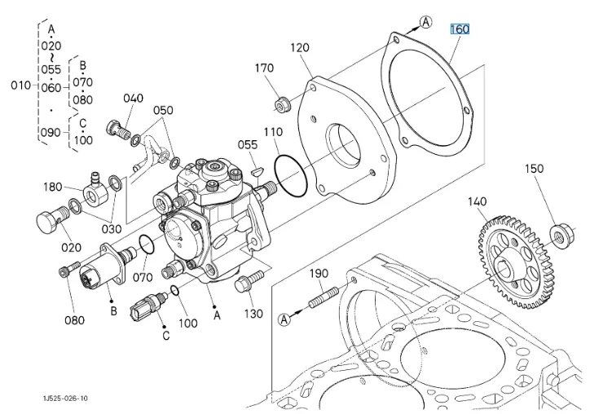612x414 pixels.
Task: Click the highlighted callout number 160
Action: pyautogui.click(x=460, y=29)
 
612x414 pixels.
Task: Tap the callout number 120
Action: pyautogui.click(x=301, y=49)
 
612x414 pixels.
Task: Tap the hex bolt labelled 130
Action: pyautogui.click(x=245, y=285)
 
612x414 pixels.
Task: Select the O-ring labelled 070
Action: pyautogui.click(x=145, y=244)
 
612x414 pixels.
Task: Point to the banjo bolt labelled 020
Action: pyautogui.click(x=49, y=220)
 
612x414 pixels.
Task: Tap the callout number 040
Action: pyautogui.click(x=134, y=99)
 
